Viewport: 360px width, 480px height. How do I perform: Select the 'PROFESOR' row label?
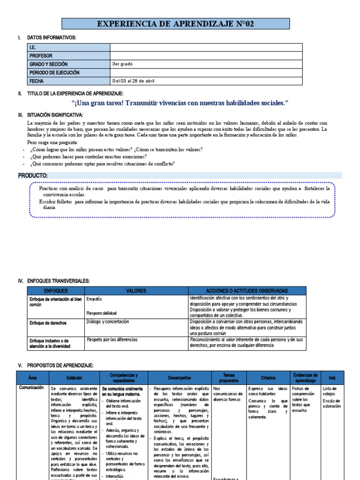(41, 55)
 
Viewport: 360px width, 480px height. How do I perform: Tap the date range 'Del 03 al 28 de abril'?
(133, 81)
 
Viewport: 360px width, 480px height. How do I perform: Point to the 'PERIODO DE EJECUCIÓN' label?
(54, 73)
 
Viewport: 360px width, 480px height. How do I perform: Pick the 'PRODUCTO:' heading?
(33, 175)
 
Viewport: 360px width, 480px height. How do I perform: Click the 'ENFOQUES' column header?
(56, 291)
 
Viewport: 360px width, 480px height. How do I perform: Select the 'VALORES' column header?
(136, 291)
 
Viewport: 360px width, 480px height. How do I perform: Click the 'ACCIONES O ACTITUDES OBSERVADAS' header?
(247, 291)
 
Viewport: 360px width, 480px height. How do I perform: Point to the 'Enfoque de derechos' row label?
(48, 323)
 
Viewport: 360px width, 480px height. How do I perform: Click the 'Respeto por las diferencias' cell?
(112, 339)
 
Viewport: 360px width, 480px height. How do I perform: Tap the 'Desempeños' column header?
(180, 377)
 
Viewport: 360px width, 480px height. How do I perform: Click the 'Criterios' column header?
(268, 377)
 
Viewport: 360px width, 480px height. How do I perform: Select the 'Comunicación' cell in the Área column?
(31, 388)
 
